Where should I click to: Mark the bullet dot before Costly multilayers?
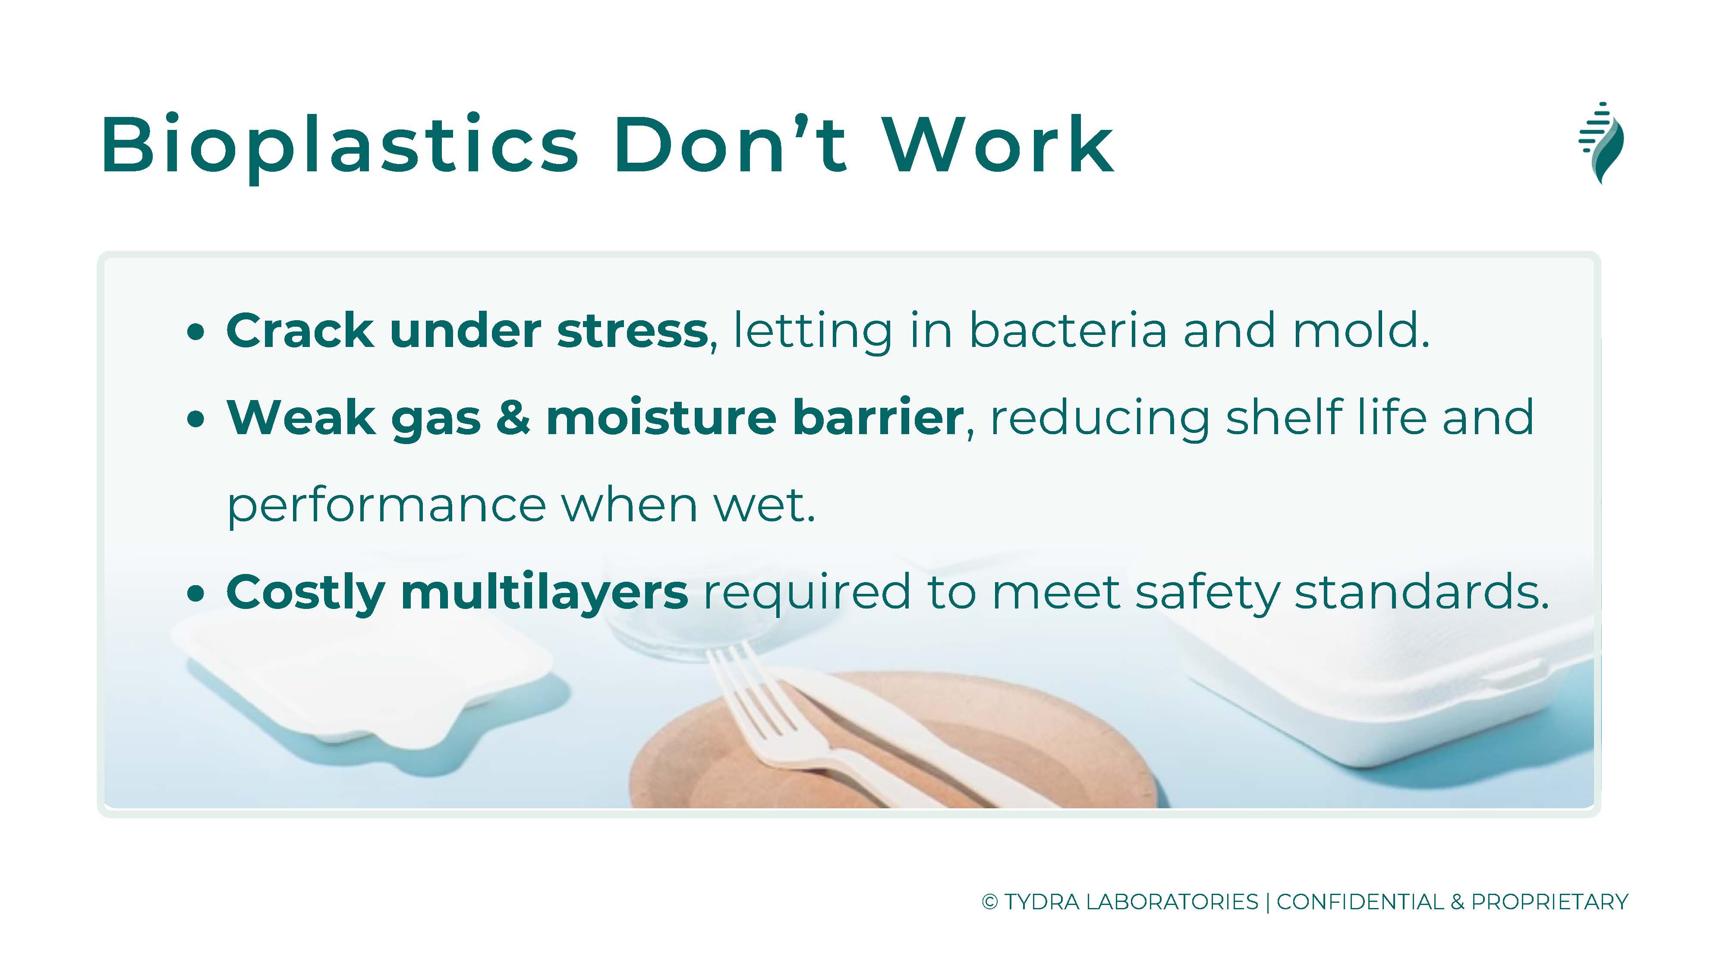coord(195,594)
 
